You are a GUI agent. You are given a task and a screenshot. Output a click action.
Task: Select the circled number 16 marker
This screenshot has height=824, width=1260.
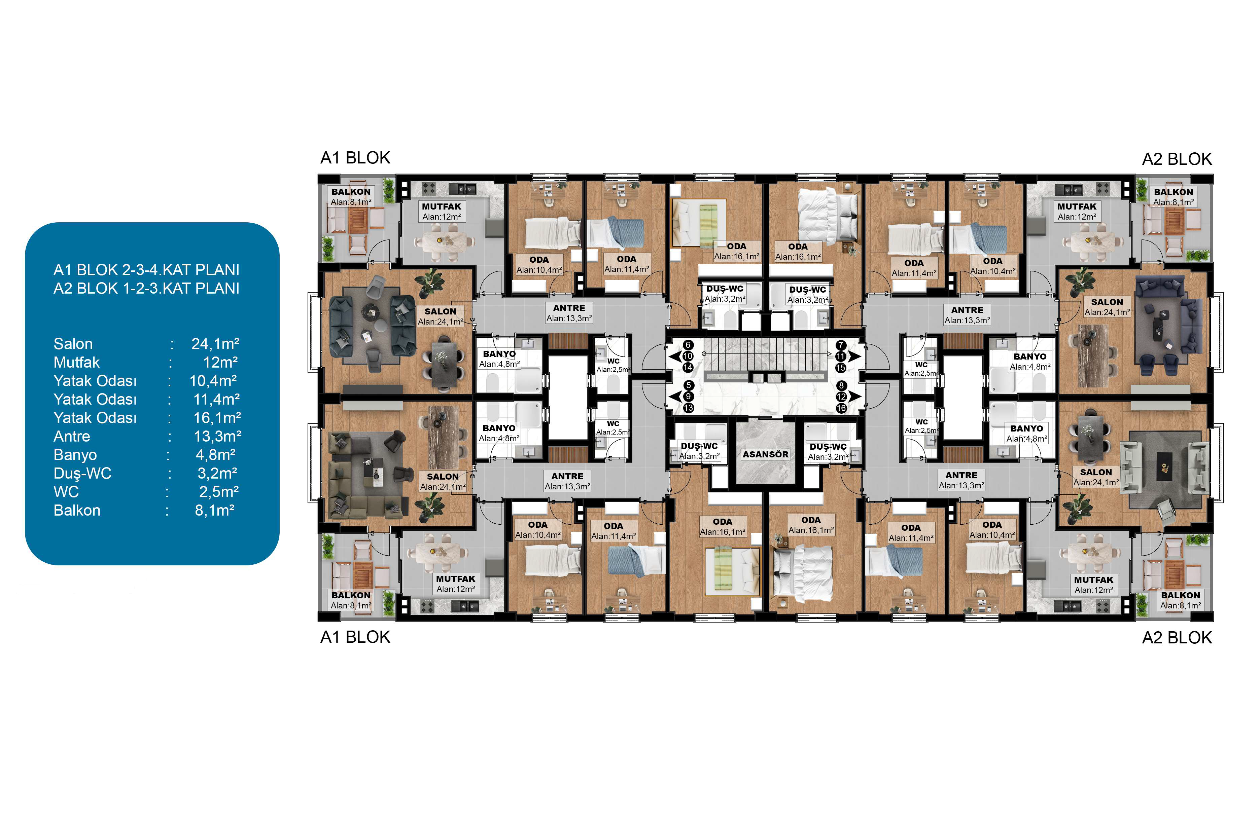(x=841, y=408)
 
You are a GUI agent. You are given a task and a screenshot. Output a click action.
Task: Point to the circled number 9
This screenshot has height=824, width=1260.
(x=688, y=397)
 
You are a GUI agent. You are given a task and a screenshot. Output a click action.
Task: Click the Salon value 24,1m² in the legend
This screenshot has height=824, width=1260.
(x=215, y=344)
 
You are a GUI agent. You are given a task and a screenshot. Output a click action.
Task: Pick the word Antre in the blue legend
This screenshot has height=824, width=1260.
(x=72, y=437)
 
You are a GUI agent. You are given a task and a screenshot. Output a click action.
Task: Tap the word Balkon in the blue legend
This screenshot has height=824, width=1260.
(x=77, y=511)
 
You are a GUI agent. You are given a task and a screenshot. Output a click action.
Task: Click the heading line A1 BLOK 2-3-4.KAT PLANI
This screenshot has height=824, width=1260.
(x=147, y=270)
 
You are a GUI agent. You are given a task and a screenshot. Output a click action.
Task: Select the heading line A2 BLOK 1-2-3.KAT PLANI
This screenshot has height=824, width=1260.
(x=147, y=289)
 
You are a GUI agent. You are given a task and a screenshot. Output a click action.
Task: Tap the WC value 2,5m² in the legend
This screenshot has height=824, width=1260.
(x=219, y=492)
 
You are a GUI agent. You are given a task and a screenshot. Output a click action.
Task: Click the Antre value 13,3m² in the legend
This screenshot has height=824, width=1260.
(x=218, y=437)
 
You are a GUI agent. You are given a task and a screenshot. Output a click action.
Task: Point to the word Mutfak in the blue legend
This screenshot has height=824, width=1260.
(x=77, y=363)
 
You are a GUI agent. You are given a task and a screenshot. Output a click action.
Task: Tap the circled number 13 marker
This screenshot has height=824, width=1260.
(x=688, y=408)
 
